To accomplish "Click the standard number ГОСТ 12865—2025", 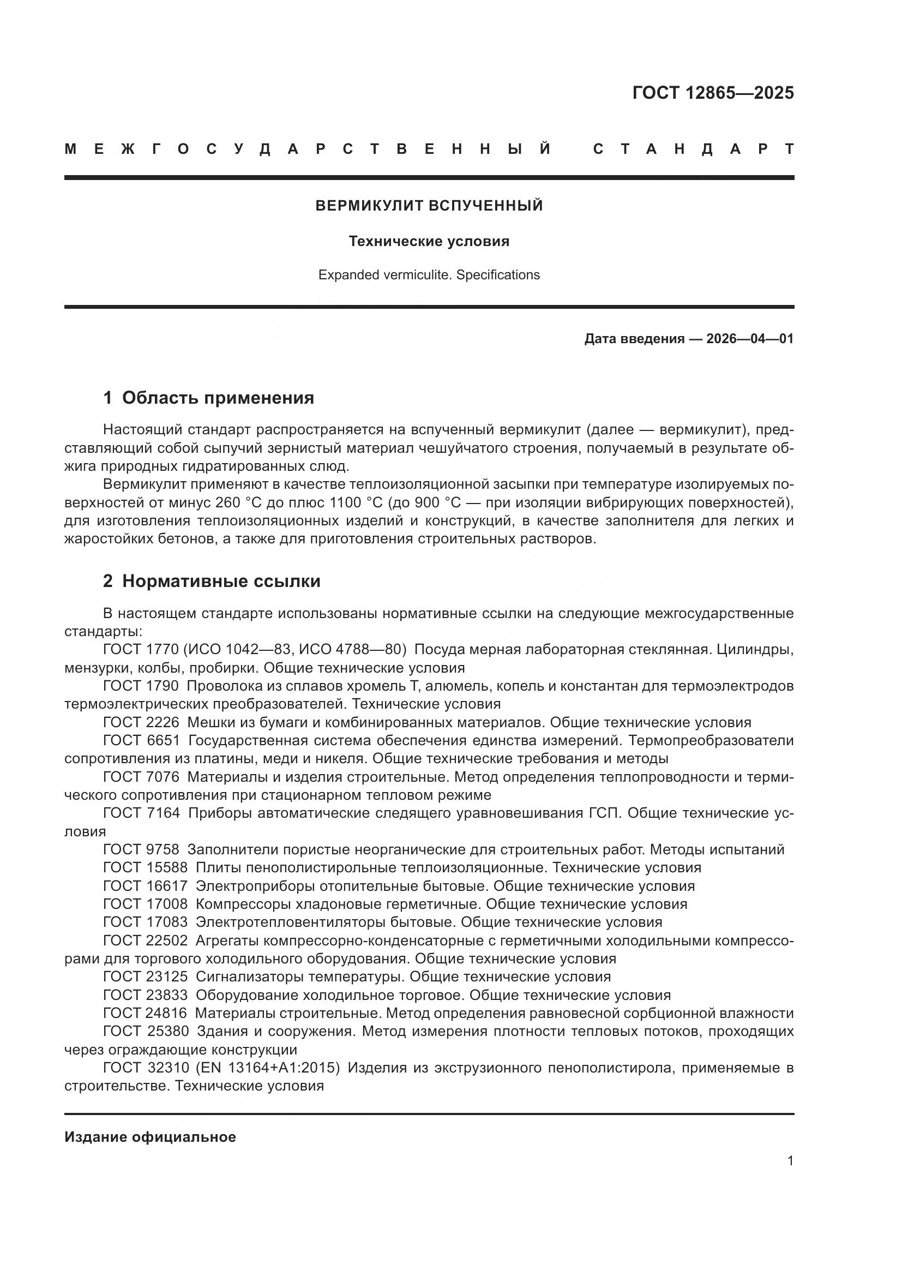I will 713,93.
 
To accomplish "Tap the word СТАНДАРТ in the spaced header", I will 693,149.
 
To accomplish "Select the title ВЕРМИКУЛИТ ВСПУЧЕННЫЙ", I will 429,206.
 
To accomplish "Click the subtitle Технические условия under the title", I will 429,241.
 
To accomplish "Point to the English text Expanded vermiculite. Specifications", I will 429,275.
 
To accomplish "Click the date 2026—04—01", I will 750,339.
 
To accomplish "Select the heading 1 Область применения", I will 208,398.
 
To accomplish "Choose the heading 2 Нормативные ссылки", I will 212,582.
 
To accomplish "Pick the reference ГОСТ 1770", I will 141,650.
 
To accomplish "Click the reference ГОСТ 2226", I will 141,722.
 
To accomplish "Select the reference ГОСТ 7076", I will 141,777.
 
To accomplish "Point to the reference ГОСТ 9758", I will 141,850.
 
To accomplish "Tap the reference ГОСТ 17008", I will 146,904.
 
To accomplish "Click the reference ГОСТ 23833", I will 146,996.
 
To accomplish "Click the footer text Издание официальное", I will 150,1137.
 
